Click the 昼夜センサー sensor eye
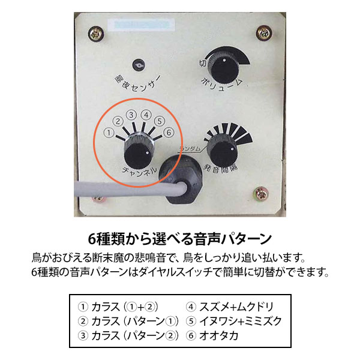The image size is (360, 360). coord(139,64)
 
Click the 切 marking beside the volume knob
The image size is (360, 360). coord(203,62)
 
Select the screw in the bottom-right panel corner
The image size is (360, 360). coord(263,194)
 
